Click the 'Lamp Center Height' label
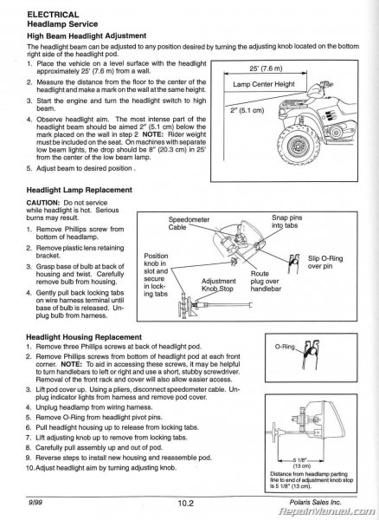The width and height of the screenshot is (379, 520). pos(265,84)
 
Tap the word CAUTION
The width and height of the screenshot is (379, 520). pos(36,202)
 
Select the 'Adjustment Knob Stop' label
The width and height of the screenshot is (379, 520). pos(218,285)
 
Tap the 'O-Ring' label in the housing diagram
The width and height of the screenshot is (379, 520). pos(285,347)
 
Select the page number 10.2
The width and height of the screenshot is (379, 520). pos(190,500)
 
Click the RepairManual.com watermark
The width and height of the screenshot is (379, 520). pos(339,512)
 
